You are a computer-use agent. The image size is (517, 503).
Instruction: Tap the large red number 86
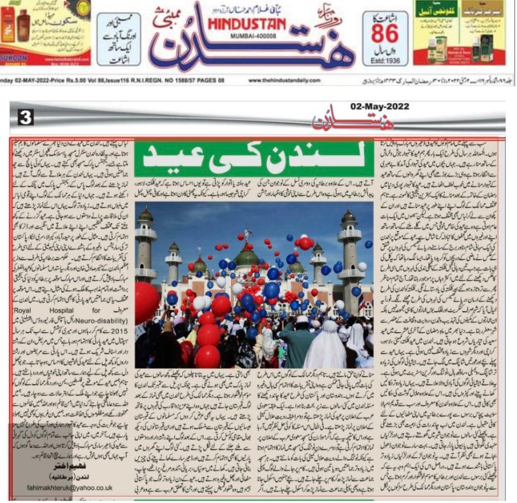385,34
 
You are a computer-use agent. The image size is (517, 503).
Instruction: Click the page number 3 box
27,118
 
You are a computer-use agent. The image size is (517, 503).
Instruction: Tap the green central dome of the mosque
246,257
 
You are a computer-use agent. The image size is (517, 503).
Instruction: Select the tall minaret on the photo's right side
349,251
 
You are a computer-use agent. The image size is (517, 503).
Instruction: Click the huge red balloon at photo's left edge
145,301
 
